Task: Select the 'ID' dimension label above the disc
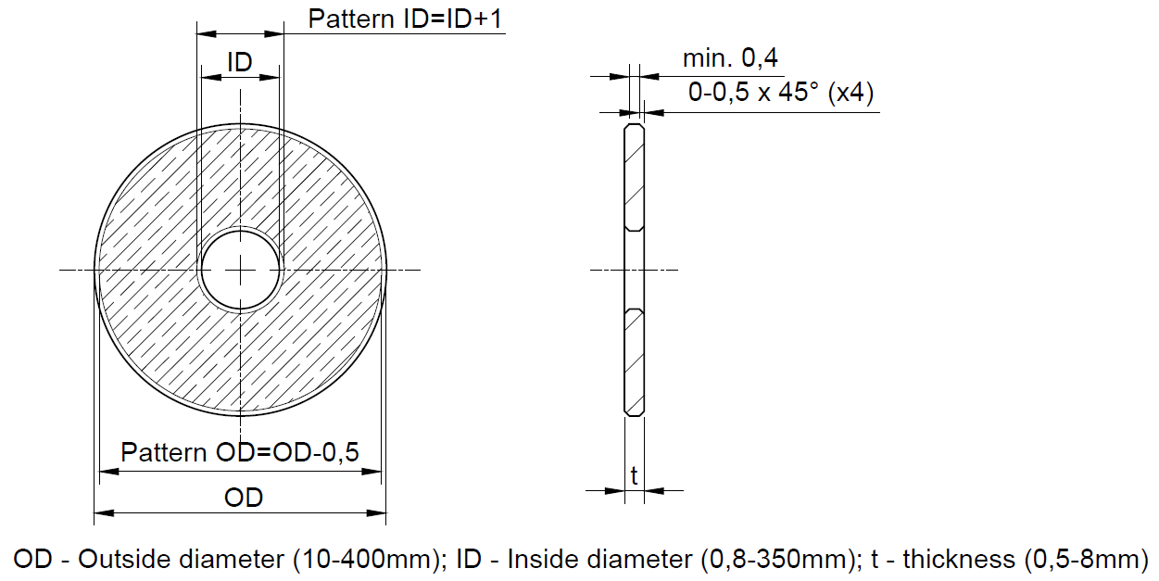(x=240, y=63)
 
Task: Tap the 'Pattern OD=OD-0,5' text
(x=240, y=453)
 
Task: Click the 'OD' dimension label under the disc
(x=244, y=497)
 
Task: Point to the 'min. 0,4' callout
(x=730, y=59)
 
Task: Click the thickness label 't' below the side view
(x=635, y=476)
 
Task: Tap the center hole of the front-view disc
(x=241, y=270)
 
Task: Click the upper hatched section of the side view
(x=635, y=176)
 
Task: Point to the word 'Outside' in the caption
(x=124, y=560)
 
